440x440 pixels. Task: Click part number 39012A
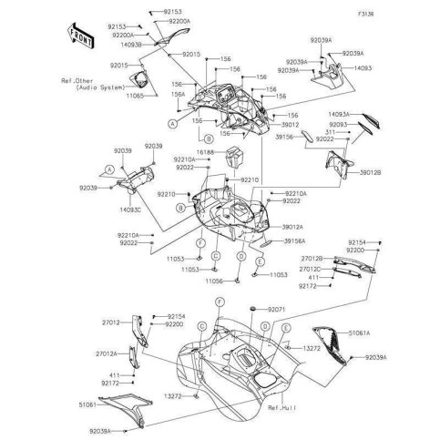[293, 226]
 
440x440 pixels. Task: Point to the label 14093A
[338, 116]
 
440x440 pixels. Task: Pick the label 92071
[276, 311]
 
